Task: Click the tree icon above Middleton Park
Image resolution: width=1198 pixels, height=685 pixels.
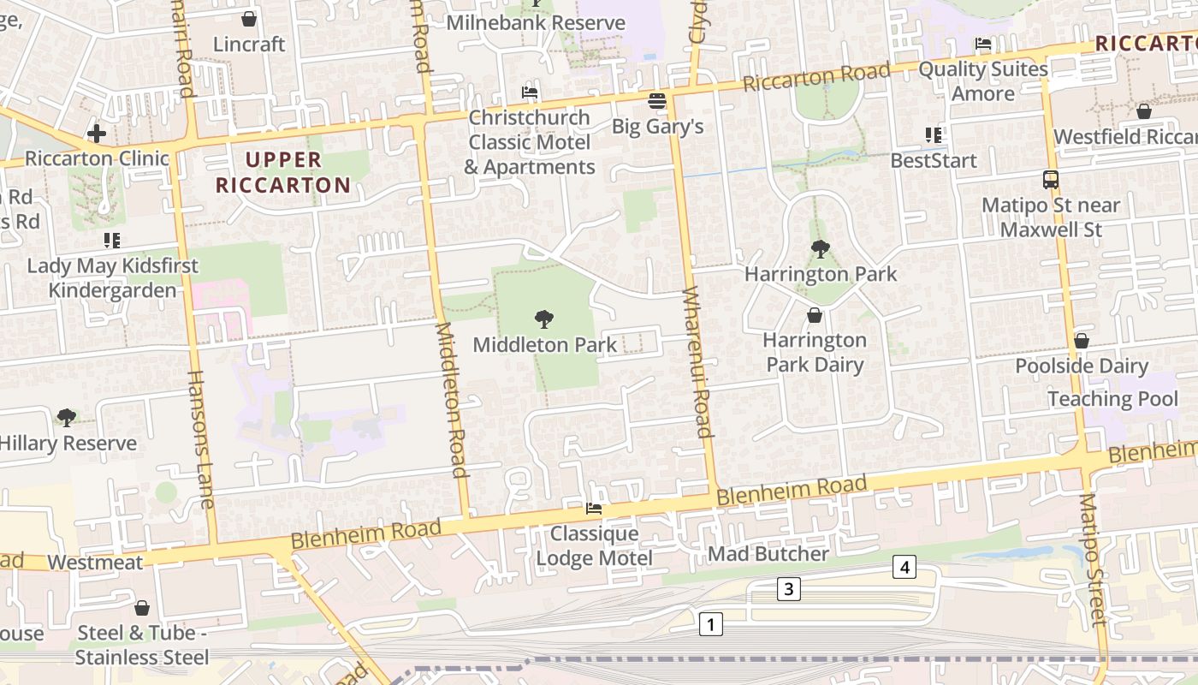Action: click(543, 320)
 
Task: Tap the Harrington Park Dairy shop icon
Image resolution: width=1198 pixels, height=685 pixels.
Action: click(815, 316)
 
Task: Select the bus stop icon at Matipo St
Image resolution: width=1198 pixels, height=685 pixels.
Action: click(1051, 180)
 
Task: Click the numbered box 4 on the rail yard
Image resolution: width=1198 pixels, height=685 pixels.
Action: click(904, 566)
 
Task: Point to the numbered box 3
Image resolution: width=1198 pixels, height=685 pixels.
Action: click(789, 589)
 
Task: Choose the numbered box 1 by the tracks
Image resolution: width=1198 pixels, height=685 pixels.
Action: click(710, 624)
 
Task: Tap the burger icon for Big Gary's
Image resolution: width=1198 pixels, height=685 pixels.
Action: click(657, 101)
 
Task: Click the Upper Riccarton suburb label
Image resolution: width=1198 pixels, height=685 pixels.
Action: click(283, 172)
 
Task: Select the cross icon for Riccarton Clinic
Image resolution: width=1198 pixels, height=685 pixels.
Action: click(97, 134)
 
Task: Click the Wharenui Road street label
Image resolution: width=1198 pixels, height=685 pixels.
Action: click(697, 363)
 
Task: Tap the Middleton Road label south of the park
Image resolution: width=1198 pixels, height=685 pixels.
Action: click(451, 399)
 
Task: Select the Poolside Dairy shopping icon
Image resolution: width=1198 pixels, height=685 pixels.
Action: click(1082, 341)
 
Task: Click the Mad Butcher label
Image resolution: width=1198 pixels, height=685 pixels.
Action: click(768, 554)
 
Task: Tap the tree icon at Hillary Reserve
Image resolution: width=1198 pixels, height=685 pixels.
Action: click(67, 418)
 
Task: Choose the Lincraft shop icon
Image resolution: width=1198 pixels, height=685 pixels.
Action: click(249, 19)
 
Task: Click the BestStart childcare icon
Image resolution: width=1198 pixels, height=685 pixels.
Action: click(934, 135)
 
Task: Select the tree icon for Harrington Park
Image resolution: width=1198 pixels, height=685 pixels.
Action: click(820, 249)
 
